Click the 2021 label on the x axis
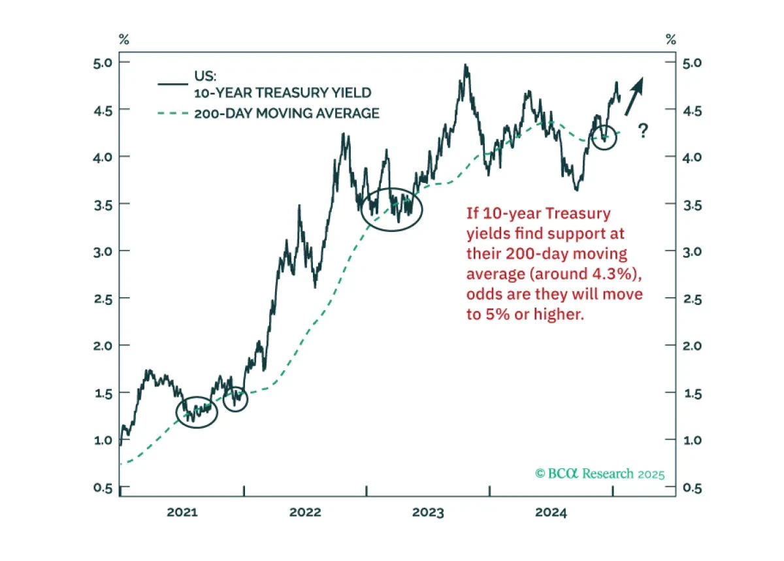182,513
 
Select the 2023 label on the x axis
428,513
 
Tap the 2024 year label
551,513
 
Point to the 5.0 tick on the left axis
103,63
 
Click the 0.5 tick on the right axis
693,488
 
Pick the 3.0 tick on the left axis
103,251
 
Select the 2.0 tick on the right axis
693,345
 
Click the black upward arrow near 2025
634,96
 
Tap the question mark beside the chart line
643,131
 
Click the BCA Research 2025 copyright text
600,473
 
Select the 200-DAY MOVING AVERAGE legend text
287,114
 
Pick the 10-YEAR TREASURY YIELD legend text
283,93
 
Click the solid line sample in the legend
173,84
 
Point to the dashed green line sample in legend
173,114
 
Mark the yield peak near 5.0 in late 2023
465,65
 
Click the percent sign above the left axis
124,40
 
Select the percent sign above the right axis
670,40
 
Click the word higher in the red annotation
559,314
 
